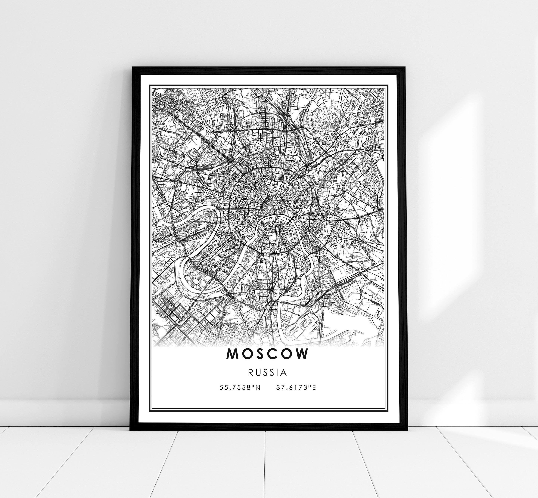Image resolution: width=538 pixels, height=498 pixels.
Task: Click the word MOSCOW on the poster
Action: (267, 354)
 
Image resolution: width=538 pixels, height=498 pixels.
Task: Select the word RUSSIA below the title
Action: (267, 373)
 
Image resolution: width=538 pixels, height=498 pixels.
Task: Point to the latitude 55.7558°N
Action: (240, 388)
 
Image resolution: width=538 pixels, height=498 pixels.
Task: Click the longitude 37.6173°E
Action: (296, 388)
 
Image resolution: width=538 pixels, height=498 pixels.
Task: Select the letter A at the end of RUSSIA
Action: (283, 373)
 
